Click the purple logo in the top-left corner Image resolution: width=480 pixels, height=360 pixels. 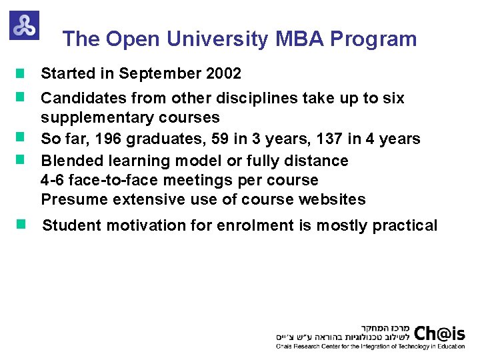point(24,25)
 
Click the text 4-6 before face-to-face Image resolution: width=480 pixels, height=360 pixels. point(53,180)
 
